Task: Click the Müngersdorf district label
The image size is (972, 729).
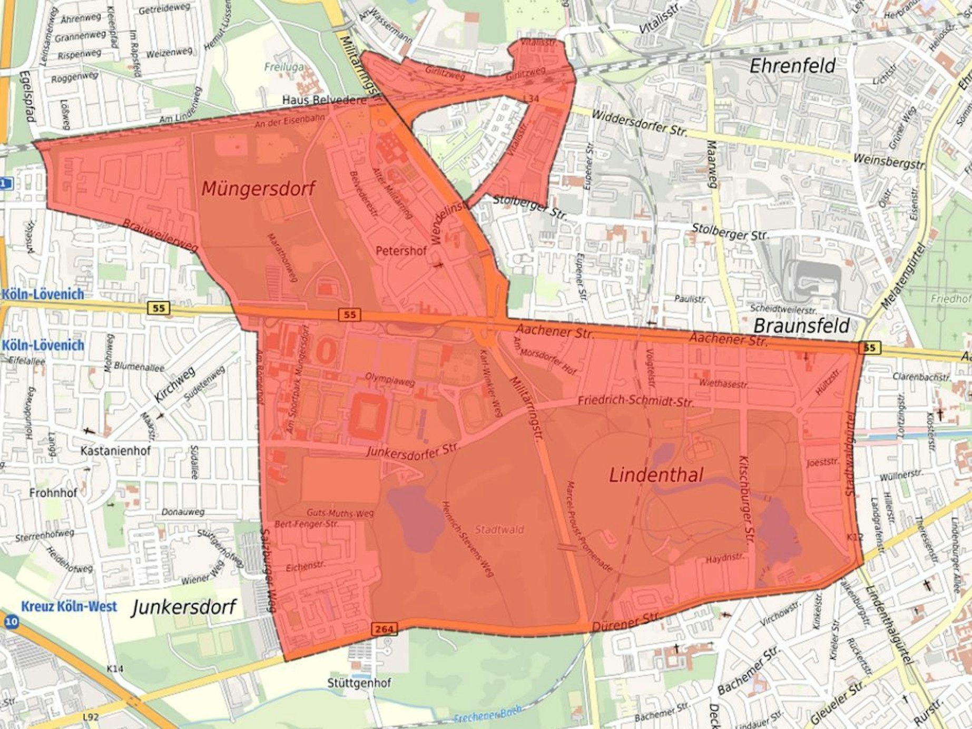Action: [x=258, y=189]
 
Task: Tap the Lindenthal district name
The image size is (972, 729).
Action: [x=656, y=475]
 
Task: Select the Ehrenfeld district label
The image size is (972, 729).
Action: [x=792, y=66]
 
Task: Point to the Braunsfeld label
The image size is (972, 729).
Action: [x=801, y=326]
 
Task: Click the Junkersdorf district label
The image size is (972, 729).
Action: [x=183, y=607]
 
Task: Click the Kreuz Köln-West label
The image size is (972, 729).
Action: [x=69, y=606]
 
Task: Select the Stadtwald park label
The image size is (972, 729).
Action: [x=499, y=530]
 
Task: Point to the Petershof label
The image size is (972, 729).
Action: [x=401, y=251]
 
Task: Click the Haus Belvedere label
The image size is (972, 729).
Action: [x=324, y=100]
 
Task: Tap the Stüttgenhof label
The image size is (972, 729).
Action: [x=359, y=683]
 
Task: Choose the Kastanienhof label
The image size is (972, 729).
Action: [x=115, y=451]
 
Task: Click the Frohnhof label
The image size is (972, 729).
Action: [x=53, y=493]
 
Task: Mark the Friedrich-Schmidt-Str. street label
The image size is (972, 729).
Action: [x=635, y=401]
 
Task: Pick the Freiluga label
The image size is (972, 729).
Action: [x=284, y=67]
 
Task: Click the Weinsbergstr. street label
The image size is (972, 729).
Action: [x=888, y=162]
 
